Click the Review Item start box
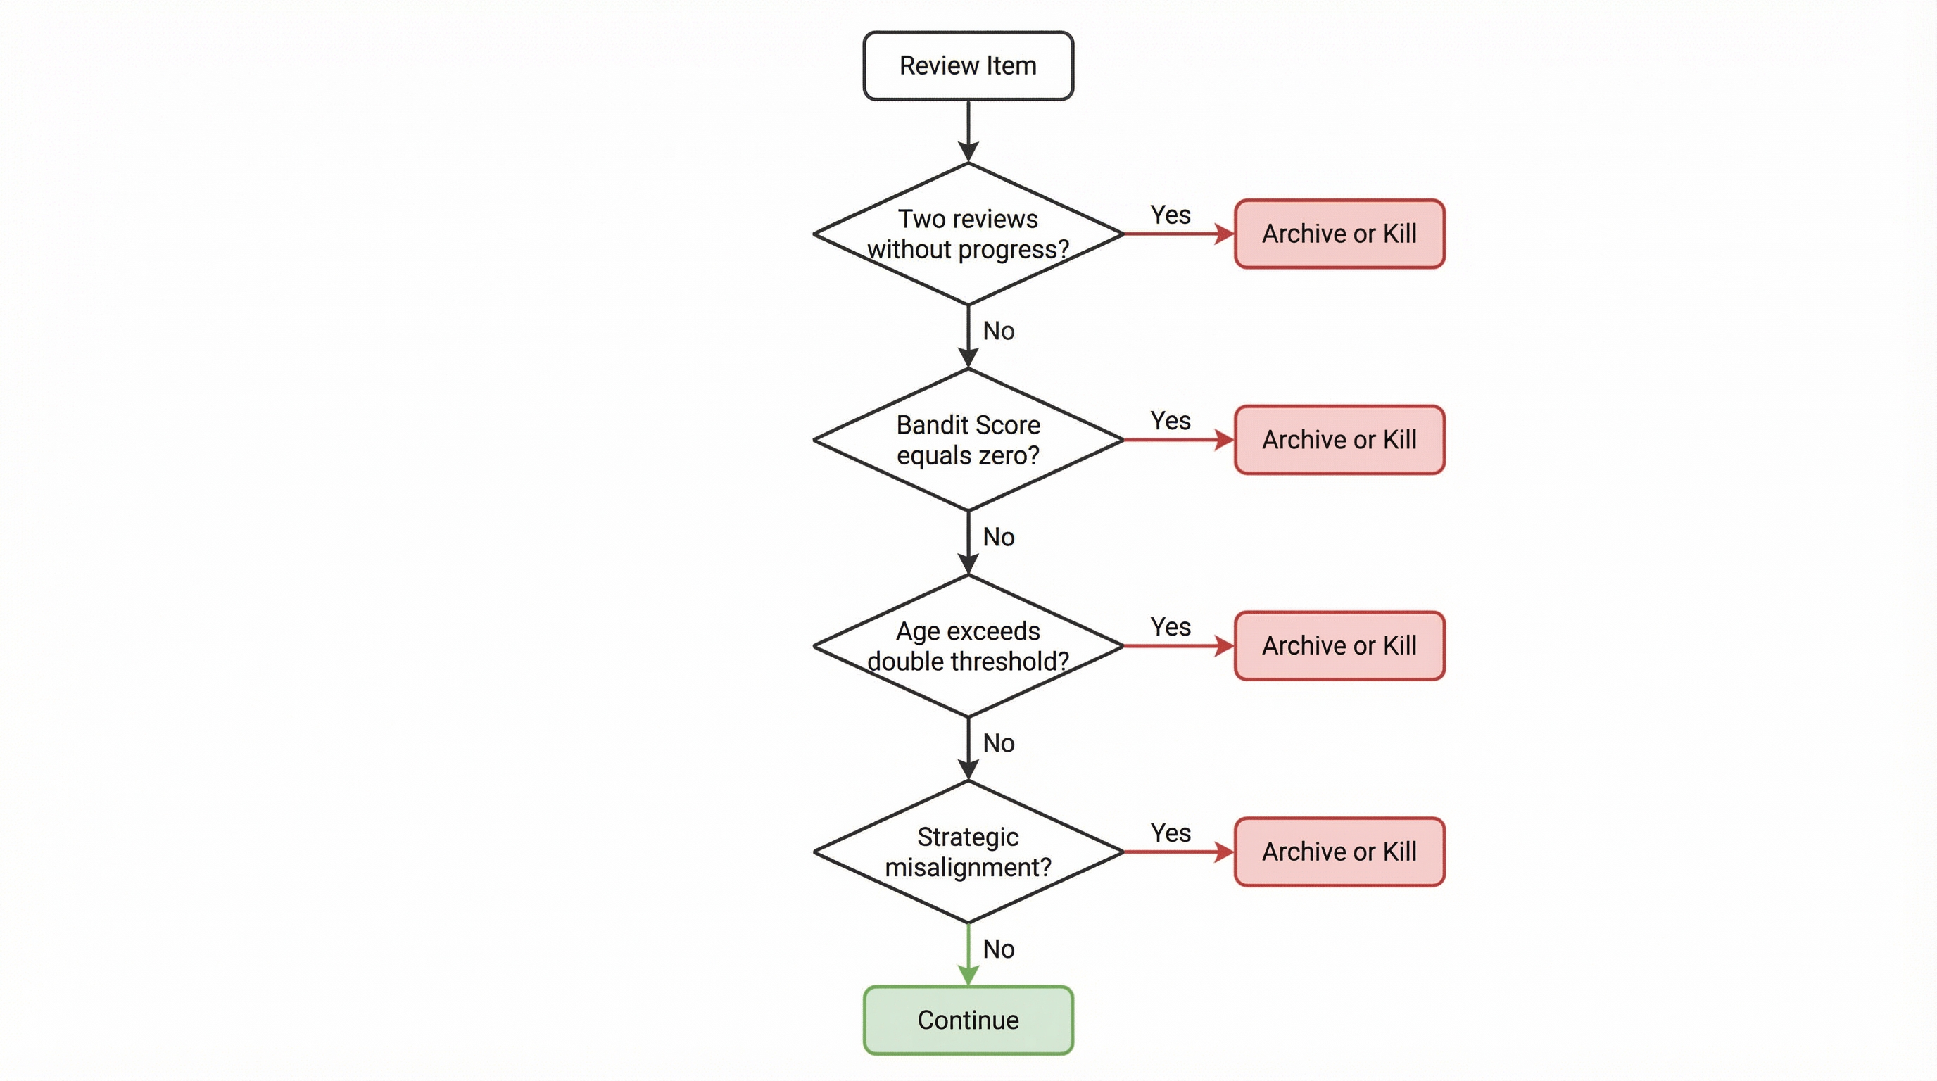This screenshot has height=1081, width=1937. (968, 65)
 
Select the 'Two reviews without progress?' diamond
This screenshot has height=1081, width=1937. (968, 234)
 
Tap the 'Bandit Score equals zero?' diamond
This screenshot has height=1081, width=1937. (968, 440)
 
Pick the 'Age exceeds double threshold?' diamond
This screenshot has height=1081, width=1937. (968, 646)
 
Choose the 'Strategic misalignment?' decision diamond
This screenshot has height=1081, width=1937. (968, 852)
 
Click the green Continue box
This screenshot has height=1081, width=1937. (968, 1020)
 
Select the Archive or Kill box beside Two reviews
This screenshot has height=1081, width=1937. (1339, 234)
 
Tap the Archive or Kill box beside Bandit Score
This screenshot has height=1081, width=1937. (1339, 440)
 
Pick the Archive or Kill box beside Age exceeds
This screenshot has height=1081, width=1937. (1339, 646)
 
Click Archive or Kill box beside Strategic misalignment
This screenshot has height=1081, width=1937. (1339, 852)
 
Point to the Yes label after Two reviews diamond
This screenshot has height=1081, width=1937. (1170, 215)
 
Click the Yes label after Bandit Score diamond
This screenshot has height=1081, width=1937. (1170, 421)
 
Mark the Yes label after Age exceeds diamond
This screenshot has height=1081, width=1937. (1170, 627)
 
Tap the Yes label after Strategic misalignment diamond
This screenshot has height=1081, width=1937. (1170, 833)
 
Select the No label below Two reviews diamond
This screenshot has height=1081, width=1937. (999, 331)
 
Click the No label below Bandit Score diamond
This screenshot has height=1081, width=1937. (999, 537)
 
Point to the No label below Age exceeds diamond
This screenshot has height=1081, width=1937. (999, 742)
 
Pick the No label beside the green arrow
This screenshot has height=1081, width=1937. (999, 949)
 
